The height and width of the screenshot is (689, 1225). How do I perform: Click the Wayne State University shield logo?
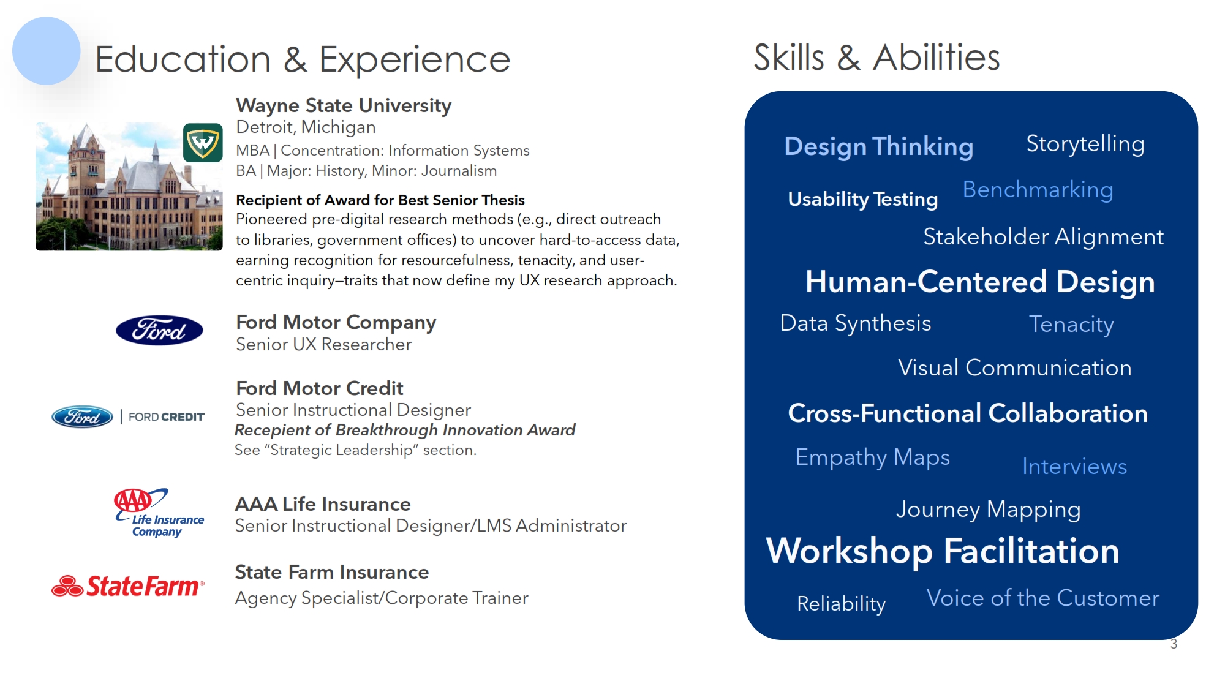[x=203, y=143]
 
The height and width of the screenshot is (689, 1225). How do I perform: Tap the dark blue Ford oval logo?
[x=159, y=331]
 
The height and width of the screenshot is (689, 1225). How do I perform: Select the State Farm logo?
[x=128, y=586]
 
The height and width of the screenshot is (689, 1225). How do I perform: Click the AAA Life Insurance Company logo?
[x=159, y=513]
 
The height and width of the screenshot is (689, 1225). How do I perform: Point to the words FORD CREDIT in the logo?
[x=167, y=417]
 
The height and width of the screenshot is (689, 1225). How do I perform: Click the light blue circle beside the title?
[x=47, y=51]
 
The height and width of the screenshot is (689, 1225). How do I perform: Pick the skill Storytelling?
[x=1085, y=145]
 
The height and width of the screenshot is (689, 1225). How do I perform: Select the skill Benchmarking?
[x=1038, y=190]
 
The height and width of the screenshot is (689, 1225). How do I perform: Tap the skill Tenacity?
[x=1071, y=325]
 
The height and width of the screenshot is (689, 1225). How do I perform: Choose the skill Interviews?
[x=1075, y=467]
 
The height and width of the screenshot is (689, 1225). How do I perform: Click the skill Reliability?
[x=842, y=604]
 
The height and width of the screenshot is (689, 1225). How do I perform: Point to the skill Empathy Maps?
[x=873, y=457]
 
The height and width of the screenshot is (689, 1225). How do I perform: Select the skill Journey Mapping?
[x=989, y=510]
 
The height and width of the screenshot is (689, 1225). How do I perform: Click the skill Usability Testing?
[x=863, y=200]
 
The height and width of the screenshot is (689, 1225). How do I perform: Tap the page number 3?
[x=1174, y=644]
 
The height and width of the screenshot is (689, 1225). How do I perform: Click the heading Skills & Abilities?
[x=876, y=58]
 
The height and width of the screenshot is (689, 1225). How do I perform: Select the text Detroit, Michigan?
[x=306, y=127]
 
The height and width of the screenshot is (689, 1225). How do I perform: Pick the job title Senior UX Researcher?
[x=324, y=345]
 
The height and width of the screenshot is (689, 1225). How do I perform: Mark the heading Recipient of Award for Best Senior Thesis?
[x=380, y=200]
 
